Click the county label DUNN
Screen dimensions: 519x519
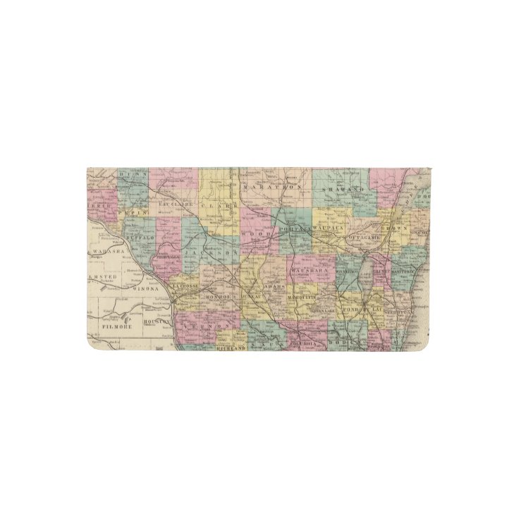132,173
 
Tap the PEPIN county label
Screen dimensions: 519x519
133,212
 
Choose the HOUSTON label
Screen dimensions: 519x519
157,322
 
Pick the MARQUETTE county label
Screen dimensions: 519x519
305,298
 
